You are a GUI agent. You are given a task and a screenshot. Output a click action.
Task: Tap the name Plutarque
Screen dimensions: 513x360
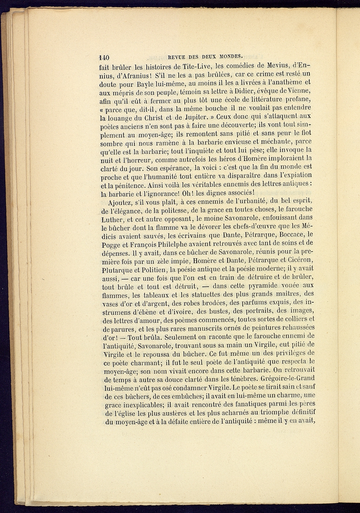coord(117,270)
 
